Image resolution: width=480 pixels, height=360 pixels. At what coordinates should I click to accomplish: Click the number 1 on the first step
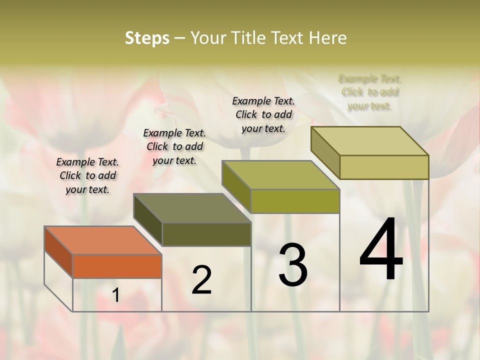[116, 295]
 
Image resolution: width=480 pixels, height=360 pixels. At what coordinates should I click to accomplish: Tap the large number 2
[201, 280]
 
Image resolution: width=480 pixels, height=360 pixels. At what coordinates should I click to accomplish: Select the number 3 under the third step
[293, 265]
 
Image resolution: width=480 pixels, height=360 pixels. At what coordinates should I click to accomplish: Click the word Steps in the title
[147, 38]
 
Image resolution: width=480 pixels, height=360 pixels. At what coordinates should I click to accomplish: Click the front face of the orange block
[117, 266]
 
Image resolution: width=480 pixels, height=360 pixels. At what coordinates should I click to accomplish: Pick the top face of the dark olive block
[192, 208]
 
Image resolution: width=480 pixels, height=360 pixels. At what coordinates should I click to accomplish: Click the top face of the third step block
[280, 175]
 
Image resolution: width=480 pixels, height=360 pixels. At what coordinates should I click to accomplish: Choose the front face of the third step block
[295, 201]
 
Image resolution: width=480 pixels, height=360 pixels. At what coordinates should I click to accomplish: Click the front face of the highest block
[384, 167]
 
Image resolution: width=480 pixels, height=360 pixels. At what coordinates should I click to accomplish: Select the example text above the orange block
[87, 175]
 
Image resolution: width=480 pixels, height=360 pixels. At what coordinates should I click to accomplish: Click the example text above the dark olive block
[174, 146]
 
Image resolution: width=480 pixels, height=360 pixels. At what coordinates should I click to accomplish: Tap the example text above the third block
[263, 114]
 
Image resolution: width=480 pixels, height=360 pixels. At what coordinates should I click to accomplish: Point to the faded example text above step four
[370, 92]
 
